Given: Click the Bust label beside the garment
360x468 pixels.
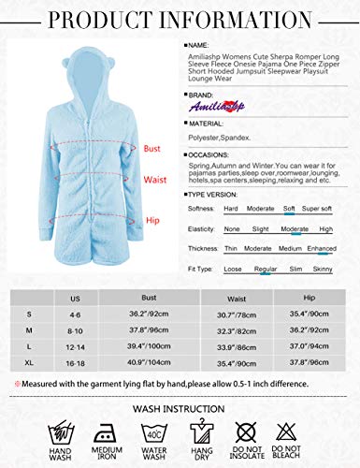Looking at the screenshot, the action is pos(153,147).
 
